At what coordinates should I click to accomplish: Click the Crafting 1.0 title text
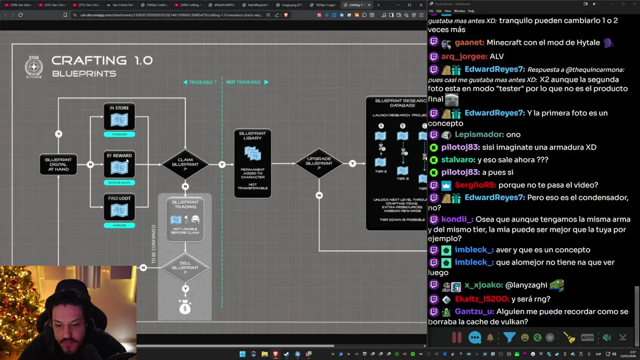tap(101, 60)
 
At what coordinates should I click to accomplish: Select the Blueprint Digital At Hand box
tap(58, 164)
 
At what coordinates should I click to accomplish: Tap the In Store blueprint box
tap(119, 117)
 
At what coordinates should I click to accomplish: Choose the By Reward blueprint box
tap(119, 164)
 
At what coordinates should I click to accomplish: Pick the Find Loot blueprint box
tap(119, 207)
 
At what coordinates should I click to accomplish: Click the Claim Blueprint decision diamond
tap(185, 164)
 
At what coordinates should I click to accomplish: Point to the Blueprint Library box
tap(252, 163)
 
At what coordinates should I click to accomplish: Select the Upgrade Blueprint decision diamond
tap(318, 163)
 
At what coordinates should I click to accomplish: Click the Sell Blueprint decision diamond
tap(185, 267)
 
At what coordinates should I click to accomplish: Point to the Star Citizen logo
tap(34, 67)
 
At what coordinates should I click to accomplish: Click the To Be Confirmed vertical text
tap(153, 244)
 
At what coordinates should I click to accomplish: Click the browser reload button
tap(20, 15)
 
